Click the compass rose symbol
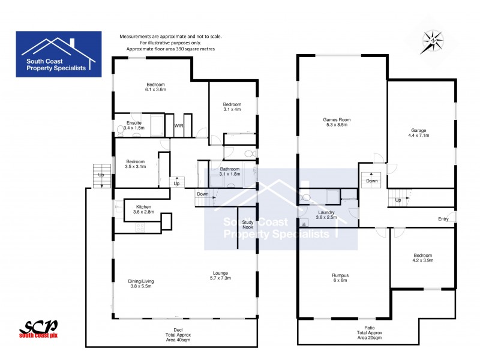[433, 40]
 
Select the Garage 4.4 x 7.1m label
[420, 133]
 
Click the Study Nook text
[248, 225]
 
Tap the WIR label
[179, 125]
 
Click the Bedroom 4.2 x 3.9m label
[422, 258]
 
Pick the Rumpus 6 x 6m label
[340, 278]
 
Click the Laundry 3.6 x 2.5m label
[326, 215]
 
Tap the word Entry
[443, 219]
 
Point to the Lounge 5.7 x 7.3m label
[220, 277]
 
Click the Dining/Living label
[141, 284]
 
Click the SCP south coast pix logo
[38, 328]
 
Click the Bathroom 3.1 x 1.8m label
[230, 172]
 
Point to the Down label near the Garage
[372, 181]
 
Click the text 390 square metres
[193, 49]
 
